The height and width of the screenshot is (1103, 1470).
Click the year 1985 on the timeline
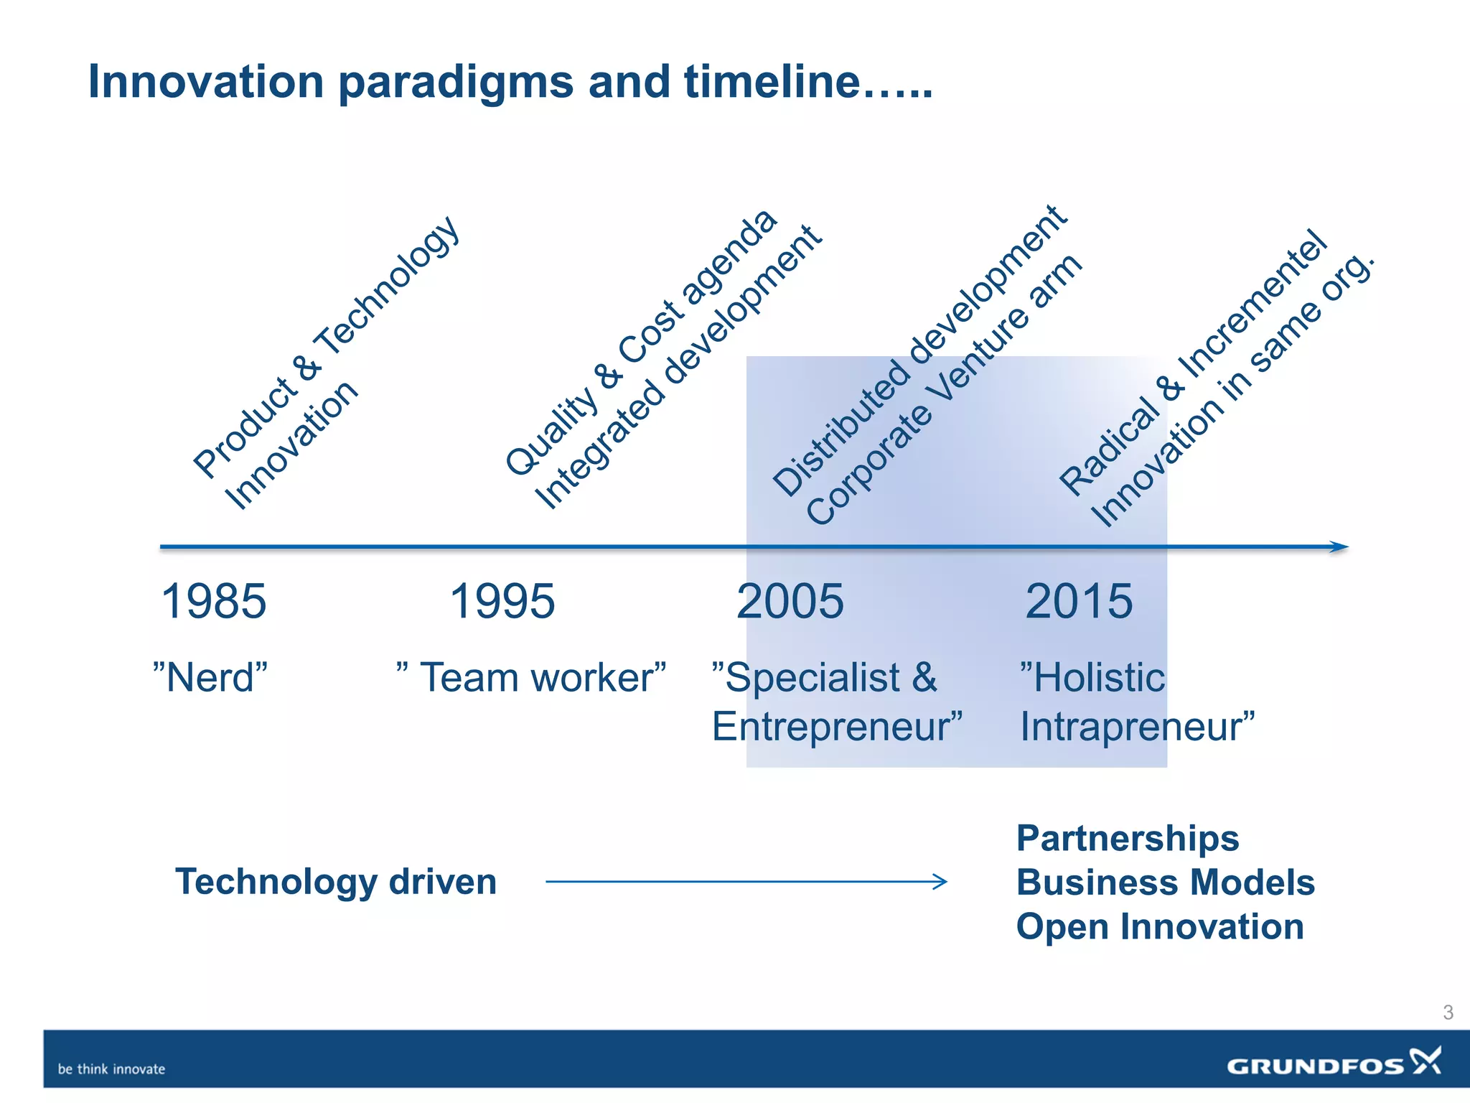click(x=214, y=601)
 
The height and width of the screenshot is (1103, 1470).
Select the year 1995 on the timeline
click(x=502, y=601)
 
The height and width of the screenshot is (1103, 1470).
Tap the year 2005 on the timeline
click(x=790, y=601)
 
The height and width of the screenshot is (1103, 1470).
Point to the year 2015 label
click(x=1079, y=601)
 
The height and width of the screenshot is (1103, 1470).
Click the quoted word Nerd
click(x=210, y=677)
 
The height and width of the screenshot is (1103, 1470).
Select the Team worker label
click(x=532, y=677)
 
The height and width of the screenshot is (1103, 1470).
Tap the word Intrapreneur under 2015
click(x=1137, y=726)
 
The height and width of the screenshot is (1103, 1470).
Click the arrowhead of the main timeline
click(x=1339, y=547)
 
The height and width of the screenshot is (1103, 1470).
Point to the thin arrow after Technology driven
click(x=746, y=881)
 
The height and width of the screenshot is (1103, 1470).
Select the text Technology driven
click(x=336, y=881)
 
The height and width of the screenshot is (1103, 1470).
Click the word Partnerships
click(x=1128, y=838)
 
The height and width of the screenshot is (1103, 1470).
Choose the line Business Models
click(x=1166, y=882)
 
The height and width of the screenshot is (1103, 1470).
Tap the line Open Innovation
click(x=1160, y=926)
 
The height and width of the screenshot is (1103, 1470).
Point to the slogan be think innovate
click(x=111, y=1069)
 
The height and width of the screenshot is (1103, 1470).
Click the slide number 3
click(x=1448, y=1013)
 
